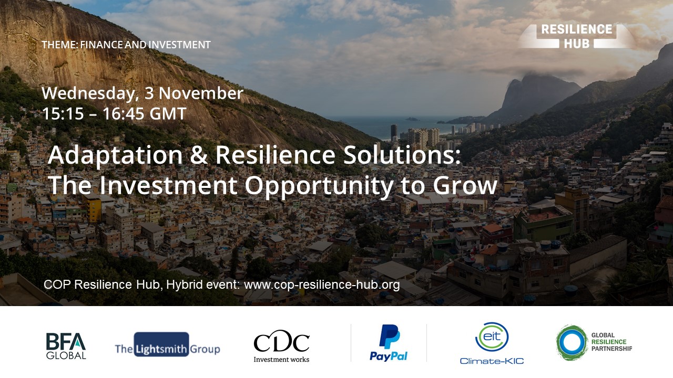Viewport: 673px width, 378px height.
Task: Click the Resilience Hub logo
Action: tap(576, 36)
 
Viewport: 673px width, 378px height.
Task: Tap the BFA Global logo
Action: tap(66, 345)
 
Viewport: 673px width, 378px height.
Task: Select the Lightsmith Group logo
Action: tap(167, 345)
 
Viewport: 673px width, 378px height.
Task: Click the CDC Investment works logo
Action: tap(281, 346)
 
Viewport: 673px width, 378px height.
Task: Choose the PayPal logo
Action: tap(389, 343)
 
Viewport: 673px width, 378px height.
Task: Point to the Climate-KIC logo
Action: tap(492, 343)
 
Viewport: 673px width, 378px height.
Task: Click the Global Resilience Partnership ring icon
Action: tap(572, 342)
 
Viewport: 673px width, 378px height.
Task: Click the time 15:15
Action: tap(63, 114)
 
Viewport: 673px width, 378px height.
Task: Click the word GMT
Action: tap(168, 114)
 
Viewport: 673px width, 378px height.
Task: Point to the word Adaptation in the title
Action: tap(115, 155)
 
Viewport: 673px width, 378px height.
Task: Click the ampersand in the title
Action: tap(199, 155)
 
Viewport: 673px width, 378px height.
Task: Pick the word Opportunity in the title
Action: tap(319, 186)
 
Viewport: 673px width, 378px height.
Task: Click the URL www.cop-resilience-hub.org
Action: tap(322, 285)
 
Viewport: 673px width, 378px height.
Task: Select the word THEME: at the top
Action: tap(60, 45)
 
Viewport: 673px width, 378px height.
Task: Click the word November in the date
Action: tap(201, 93)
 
